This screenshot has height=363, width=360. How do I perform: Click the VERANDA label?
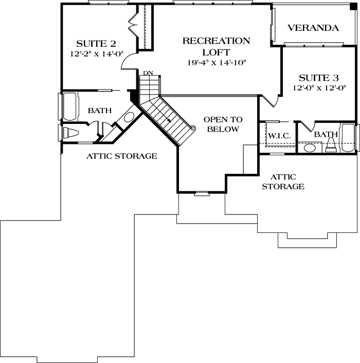click(x=313, y=28)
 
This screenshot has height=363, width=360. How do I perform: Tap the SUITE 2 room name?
click(x=96, y=43)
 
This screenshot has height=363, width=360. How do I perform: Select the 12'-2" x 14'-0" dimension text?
click(x=96, y=53)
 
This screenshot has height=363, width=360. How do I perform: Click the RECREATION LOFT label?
click(x=217, y=46)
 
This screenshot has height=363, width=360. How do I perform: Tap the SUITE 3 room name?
click(x=319, y=78)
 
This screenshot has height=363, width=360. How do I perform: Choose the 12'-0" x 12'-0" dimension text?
click(x=319, y=88)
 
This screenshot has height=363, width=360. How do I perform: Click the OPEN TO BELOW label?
click(x=223, y=124)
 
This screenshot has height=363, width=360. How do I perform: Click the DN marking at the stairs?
click(x=148, y=73)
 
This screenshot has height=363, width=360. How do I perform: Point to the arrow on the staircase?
click(x=169, y=120)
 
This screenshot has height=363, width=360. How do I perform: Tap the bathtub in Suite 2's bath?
click(x=68, y=106)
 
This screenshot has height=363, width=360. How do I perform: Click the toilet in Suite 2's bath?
click(x=70, y=133)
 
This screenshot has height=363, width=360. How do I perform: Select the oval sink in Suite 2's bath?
click(x=129, y=116)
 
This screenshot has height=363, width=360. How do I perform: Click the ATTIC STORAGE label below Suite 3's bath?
click(x=283, y=181)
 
